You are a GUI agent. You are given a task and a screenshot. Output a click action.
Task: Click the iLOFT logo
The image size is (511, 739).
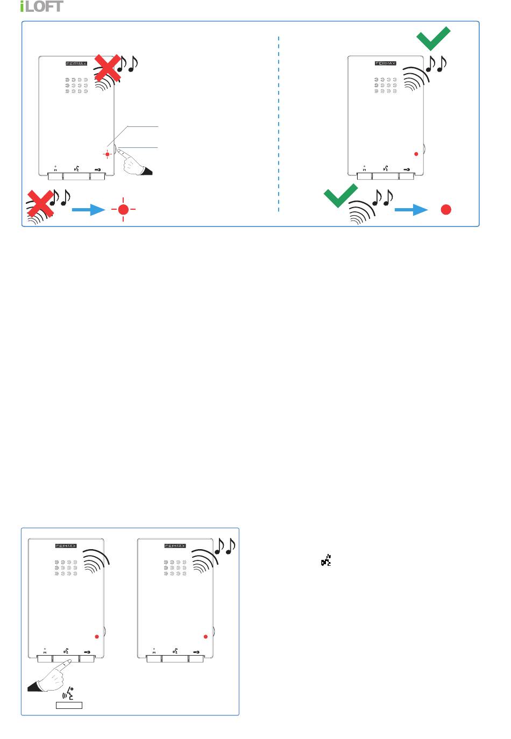click(41, 6)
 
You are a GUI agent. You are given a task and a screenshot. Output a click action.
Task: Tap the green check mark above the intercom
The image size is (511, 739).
click(433, 39)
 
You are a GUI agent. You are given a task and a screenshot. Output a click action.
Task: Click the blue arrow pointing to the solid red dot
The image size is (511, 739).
click(411, 210)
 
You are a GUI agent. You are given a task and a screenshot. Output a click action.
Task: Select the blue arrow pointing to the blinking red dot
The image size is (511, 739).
click(88, 210)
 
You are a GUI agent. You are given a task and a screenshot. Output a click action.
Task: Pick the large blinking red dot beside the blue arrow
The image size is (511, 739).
click(123, 210)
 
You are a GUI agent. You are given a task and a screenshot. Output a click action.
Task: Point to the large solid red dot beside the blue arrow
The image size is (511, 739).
click(446, 210)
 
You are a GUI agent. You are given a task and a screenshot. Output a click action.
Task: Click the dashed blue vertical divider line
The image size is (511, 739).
click(279, 124)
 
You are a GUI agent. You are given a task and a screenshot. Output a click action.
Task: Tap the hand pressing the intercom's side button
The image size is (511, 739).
click(134, 162)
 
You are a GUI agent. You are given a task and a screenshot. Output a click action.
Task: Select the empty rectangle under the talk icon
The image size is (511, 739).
click(69, 705)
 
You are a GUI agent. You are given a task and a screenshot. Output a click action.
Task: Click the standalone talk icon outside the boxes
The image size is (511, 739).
click(326, 560)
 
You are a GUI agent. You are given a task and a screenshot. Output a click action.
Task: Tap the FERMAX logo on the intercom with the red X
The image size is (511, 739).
click(76, 63)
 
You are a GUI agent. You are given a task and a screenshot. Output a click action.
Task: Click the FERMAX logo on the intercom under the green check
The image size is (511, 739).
click(385, 63)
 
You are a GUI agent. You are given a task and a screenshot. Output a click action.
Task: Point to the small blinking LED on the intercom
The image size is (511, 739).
click(107, 154)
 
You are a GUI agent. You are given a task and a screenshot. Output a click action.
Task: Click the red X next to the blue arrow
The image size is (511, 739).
click(40, 203)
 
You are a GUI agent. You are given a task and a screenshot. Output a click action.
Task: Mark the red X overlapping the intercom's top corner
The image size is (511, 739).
click(108, 68)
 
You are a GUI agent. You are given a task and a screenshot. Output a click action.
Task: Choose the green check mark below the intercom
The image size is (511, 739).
click(340, 196)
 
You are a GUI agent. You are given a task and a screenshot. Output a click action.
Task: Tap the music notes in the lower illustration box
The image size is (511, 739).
click(225, 546)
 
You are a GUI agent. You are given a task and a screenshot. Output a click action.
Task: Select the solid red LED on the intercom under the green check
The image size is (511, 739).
click(416, 154)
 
